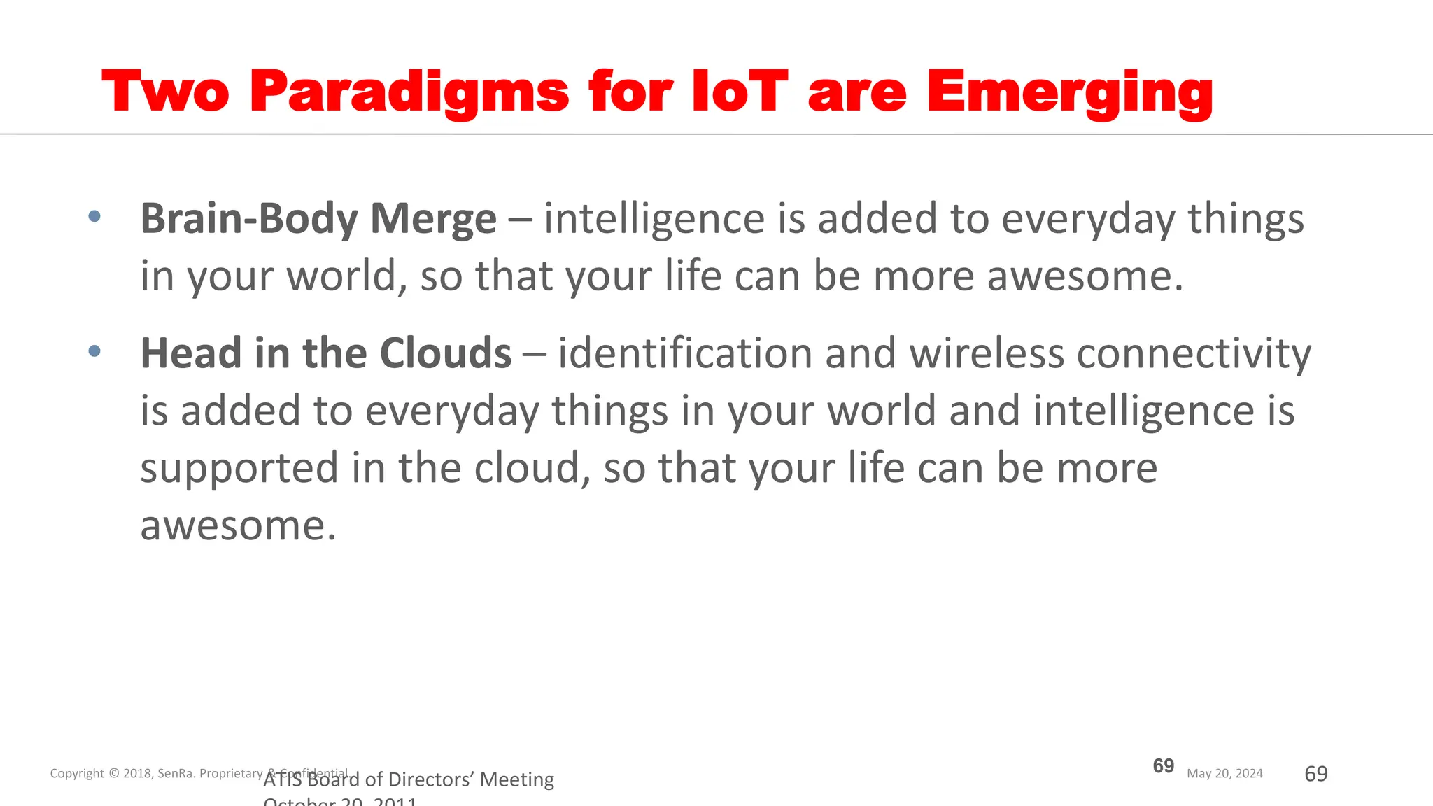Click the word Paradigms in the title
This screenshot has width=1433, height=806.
[409, 92]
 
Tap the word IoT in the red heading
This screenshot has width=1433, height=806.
[740, 92]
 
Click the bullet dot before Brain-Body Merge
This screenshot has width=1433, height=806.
[94, 216]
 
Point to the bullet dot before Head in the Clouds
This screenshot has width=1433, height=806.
[94, 351]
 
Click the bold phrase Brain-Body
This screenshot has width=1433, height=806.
[249, 219]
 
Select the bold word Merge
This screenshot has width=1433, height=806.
[433, 219]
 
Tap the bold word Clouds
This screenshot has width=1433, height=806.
[445, 353]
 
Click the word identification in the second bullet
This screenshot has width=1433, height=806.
[685, 353]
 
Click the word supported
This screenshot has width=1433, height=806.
[239, 468]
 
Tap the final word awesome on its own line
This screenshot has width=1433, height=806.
[238, 526]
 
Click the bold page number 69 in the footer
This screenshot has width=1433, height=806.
[1163, 765]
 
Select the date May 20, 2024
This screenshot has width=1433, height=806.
[1224, 773]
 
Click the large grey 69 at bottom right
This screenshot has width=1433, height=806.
[1315, 773]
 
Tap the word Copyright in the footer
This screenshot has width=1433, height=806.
[77, 773]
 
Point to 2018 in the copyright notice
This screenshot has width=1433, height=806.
[137, 773]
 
